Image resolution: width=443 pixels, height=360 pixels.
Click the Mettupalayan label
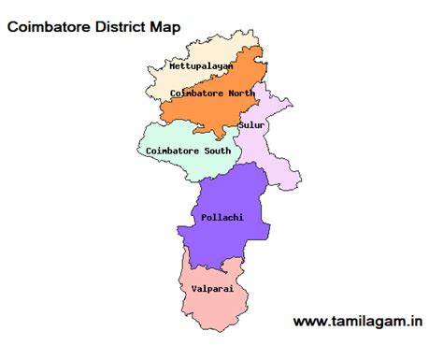pyautogui.click(x=201, y=66)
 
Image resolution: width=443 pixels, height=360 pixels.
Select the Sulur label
pyautogui.click(x=250, y=124)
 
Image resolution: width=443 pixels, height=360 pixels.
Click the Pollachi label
pyautogui.click(x=221, y=217)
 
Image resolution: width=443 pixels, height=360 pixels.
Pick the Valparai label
pyautogui.click(x=211, y=289)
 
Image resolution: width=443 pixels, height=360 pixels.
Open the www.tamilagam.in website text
pyautogui.click(x=356, y=321)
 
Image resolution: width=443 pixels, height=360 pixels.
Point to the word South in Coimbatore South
pyautogui.click(x=214, y=150)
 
